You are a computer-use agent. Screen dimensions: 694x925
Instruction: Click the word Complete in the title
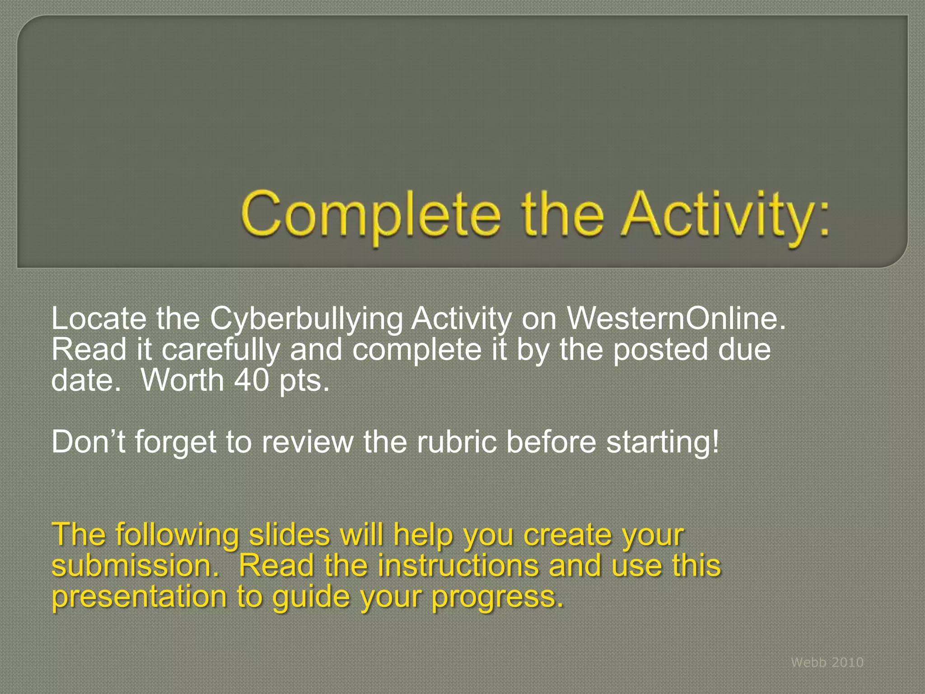point(370,215)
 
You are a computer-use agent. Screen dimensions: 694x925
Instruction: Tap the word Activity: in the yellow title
point(725,215)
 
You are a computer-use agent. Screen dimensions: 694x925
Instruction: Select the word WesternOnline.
point(676,319)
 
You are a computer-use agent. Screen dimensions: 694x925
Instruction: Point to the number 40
point(252,380)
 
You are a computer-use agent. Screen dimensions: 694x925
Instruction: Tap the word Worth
point(182,380)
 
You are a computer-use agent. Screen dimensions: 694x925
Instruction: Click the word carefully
point(220,351)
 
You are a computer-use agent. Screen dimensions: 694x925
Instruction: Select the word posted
point(660,351)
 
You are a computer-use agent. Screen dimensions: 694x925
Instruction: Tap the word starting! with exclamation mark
point(662,443)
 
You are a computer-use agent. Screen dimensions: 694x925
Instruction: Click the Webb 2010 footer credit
point(827,662)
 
